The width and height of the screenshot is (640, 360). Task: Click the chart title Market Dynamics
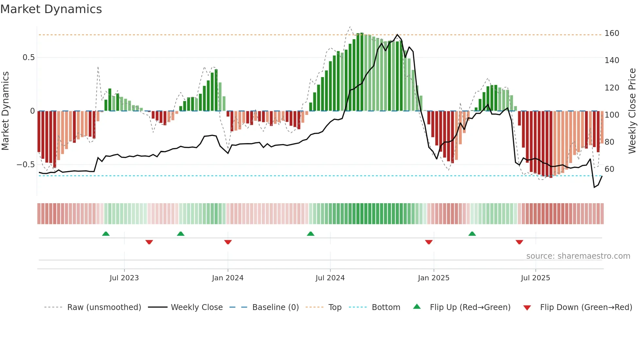coord(51,9)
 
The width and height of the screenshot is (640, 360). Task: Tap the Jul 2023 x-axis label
coord(124,278)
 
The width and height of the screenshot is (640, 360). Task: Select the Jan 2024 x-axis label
coord(228,278)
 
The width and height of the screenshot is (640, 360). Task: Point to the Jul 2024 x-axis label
coord(330,278)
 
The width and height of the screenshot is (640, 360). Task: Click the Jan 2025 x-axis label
coord(434,278)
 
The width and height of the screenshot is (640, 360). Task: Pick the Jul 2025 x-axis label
coord(536,278)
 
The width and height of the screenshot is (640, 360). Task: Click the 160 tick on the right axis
coord(612,33)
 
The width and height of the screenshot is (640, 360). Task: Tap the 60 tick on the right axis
coord(609,169)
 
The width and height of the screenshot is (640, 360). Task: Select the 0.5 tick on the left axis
coord(28,57)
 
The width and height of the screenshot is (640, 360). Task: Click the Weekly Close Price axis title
coord(632,111)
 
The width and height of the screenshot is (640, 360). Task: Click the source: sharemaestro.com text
coord(578,256)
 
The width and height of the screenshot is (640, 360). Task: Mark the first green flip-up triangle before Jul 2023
coord(106,234)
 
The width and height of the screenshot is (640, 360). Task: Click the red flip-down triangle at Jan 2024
coord(228,242)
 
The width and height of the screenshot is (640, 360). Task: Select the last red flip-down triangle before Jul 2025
coord(519,242)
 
